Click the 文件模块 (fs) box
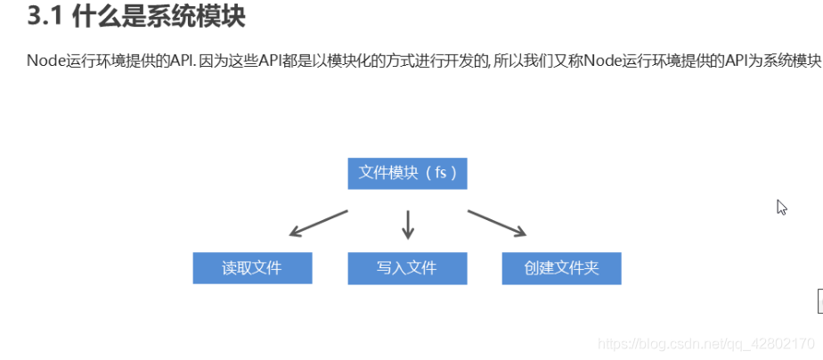(407, 173)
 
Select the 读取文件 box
(252, 267)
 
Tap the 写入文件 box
(407, 267)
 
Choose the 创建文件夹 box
(561, 267)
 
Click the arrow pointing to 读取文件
(318, 224)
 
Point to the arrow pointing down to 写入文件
(408, 224)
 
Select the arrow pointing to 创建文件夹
(497, 224)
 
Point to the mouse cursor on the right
(781, 207)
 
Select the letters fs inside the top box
(441, 173)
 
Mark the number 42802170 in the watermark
(783, 343)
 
